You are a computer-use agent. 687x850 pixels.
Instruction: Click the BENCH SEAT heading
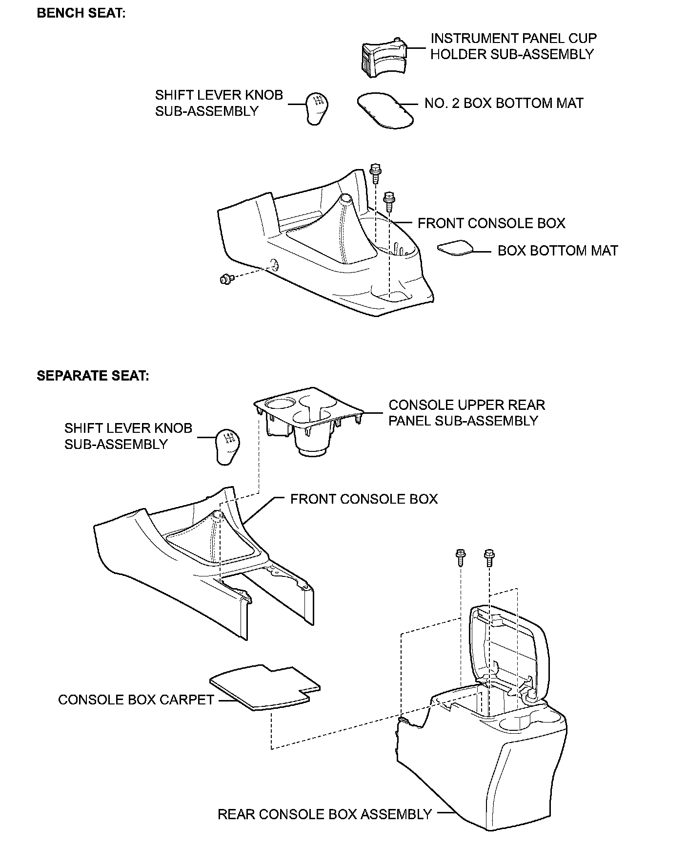pyautogui.click(x=81, y=13)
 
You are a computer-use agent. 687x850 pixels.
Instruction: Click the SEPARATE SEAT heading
pyautogui.click(x=93, y=376)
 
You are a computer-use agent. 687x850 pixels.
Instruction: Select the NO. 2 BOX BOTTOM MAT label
pyautogui.click(x=504, y=104)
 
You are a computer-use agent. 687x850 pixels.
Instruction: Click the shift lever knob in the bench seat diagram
pyautogui.click(x=317, y=109)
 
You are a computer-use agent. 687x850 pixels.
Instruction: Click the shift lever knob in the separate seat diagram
pyautogui.click(x=228, y=446)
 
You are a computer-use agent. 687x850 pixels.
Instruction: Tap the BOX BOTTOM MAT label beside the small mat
pyautogui.click(x=558, y=251)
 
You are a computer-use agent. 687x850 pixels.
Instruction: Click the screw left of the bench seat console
pyautogui.click(x=226, y=279)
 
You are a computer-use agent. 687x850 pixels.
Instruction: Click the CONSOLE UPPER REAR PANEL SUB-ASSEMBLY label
pyautogui.click(x=466, y=413)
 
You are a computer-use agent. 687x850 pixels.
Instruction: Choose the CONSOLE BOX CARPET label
pyautogui.click(x=136, y=700)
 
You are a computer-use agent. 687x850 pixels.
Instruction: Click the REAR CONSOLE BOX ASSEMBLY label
pyautogui.click(x=324, y=814)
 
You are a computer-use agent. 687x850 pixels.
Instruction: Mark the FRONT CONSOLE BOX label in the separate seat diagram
pyautogui.click(x=364, y=499)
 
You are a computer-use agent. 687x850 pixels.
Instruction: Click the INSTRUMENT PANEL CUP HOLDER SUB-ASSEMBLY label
pyautogui.click(x=513, y=46)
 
